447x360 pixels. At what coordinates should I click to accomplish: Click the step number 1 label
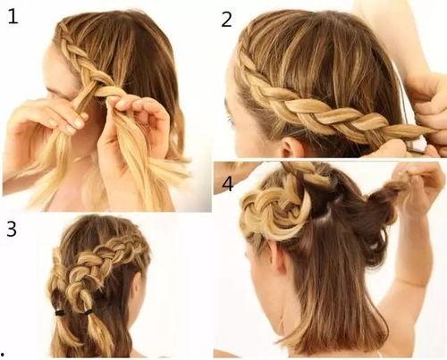tap(13, 16)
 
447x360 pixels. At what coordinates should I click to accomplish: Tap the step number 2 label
tap(226, 20)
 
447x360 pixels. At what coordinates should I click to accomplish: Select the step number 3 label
tap(12, 230)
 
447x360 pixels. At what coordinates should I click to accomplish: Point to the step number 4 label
tap(227, 183)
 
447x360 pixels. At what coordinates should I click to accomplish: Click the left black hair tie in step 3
tap(61, 313)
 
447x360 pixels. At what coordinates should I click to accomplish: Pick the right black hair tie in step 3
tap(89, 313)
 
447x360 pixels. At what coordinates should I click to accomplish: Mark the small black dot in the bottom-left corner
tap(4, 355)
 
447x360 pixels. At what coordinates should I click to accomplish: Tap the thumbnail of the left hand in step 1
tap(79, 123)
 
